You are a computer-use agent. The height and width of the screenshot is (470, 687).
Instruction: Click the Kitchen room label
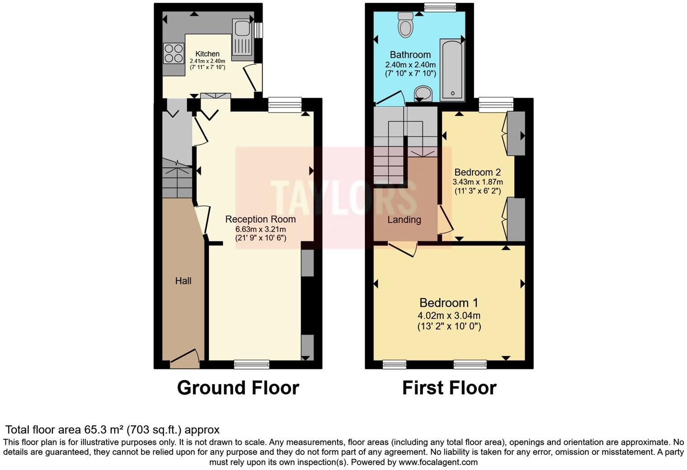click(207, 54)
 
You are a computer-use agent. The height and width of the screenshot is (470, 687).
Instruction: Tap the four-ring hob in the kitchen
click(173, 53)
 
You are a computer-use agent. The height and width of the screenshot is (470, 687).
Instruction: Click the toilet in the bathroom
click(405, 25)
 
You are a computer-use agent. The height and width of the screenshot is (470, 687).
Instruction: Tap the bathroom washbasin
click(423, 94)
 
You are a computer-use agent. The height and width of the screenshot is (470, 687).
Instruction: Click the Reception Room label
click(260, 219)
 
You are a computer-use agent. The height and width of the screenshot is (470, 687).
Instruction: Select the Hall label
click(183, 281)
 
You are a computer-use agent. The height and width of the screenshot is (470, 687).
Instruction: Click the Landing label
click(404, 220)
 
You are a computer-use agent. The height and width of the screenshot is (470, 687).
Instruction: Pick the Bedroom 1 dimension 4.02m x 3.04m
click(449, 315)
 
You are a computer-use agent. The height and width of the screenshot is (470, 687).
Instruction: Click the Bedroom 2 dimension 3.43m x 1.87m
click(477, 182)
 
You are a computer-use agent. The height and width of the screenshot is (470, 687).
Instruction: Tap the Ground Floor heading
click(238, 388)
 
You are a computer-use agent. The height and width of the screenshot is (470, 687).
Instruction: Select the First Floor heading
click(449, 388)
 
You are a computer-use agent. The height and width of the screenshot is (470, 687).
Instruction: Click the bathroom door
click(390, 98)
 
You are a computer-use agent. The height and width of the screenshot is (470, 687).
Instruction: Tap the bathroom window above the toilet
click(440, 7)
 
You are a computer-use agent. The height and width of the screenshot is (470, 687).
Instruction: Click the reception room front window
click(252, 364)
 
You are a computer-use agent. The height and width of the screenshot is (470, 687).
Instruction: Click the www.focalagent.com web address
click(438, 462)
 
